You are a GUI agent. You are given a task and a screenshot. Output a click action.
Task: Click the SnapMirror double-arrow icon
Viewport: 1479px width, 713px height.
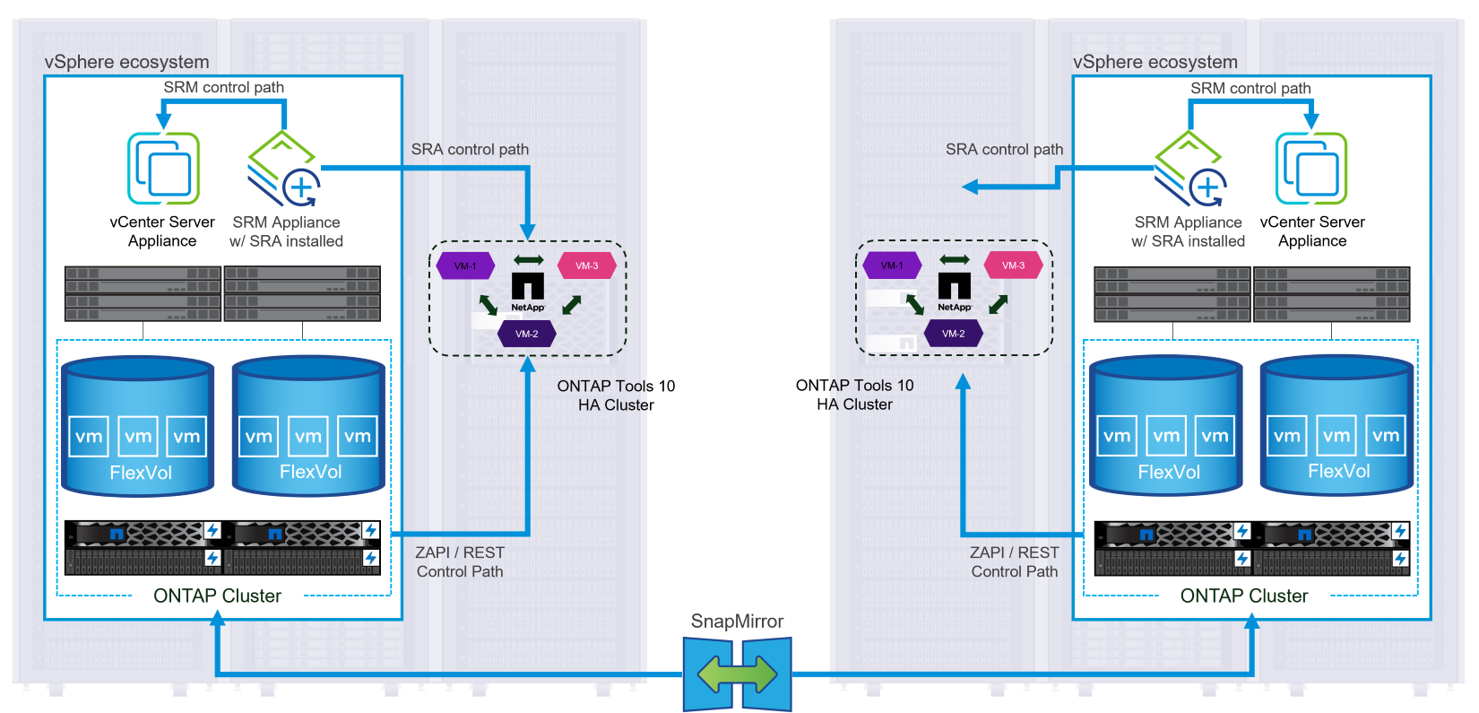coord(737,674)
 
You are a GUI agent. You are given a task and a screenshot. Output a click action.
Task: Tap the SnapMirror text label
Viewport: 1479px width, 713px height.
coord(737,622)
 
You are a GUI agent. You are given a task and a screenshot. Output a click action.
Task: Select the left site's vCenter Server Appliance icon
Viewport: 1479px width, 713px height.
coord(163,169)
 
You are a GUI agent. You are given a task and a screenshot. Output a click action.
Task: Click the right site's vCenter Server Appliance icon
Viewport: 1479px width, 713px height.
coord(1311,169)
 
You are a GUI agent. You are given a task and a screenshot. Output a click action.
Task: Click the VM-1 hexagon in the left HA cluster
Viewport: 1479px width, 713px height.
coord(465,265)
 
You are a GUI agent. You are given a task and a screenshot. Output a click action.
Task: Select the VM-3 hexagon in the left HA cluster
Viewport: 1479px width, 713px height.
coord(587,265)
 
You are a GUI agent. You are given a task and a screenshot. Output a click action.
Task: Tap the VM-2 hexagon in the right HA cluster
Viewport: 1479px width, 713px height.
coord(954,334)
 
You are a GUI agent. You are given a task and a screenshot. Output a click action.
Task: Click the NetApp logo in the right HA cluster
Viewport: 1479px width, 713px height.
coord(955,291)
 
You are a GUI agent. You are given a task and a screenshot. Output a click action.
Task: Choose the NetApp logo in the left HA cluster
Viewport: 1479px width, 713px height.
coord(528,291)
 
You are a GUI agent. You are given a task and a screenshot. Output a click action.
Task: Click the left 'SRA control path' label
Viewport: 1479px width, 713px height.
coord(470,150)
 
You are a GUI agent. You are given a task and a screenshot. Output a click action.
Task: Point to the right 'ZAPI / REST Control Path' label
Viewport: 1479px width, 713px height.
coord(1015,562)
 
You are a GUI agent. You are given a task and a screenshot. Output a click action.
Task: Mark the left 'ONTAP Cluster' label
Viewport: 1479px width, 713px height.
coord(217,596)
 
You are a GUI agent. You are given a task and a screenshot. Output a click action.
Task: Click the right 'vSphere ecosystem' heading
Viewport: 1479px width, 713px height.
coord(1155,62)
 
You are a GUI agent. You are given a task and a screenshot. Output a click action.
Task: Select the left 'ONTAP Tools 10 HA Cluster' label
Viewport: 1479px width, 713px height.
coord(616,396)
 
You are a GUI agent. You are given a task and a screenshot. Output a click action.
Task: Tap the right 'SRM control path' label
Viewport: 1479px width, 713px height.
coord(1250,88)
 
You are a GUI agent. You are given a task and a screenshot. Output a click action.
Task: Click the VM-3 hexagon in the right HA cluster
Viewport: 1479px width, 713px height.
coord(1014,265)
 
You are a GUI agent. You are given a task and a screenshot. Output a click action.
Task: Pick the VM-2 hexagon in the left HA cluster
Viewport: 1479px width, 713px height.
coord(527,334)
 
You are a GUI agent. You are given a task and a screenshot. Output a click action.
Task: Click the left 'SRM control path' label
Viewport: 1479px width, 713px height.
coord(223,87)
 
